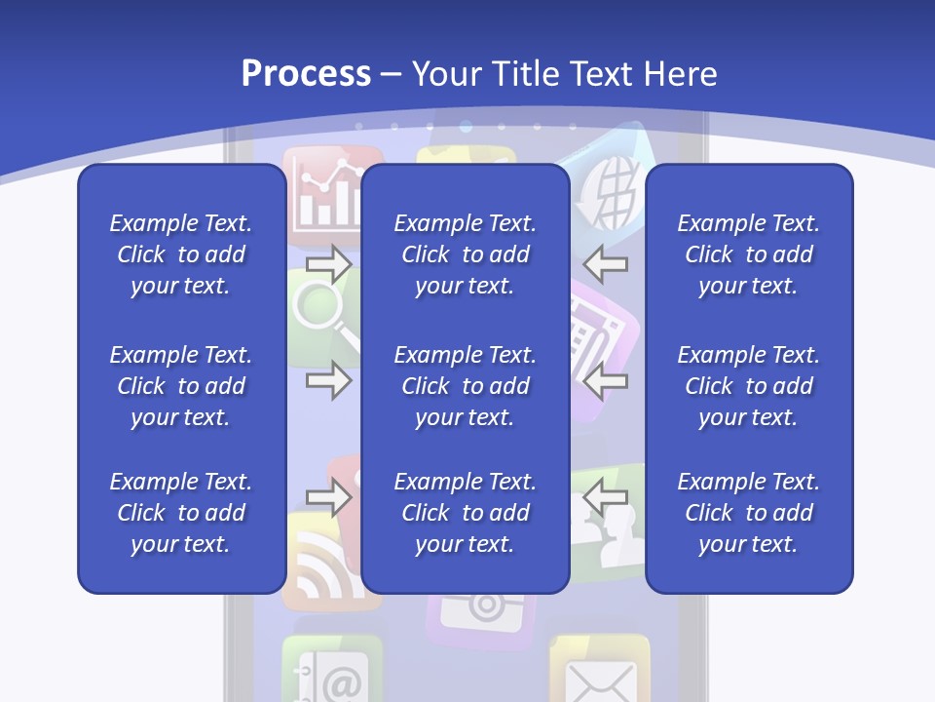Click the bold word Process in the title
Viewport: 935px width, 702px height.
pyautogui.click(x=306, y=73)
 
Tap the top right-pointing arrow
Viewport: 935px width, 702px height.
pyautogui.click(x=328, y=263)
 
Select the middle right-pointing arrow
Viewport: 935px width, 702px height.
pyautogui.click(x=328, y=380)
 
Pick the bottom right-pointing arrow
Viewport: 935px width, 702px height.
pyautogui.click(x=328, y=497)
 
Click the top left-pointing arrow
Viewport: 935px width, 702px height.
pyautogui.click(x=606, y=263)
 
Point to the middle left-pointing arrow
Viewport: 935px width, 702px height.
pyautogui.click(x=606, y=380)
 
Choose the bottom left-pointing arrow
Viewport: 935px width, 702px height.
pyautogui.click(x=606, y=497)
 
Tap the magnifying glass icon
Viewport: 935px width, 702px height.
pyautogui.click(x=321, y=312)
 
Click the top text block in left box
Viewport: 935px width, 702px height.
pyautogui.click(x=181, y=254)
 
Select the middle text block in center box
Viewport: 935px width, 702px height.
pyautogui.click(x=465, y=386)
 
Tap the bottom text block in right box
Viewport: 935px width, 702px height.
pyautogui.click(x=748, y=513)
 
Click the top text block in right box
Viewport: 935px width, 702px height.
pyautogui.click(x=748, y=254)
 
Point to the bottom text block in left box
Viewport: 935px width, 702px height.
pyautogui.click(x=181, y=513)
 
